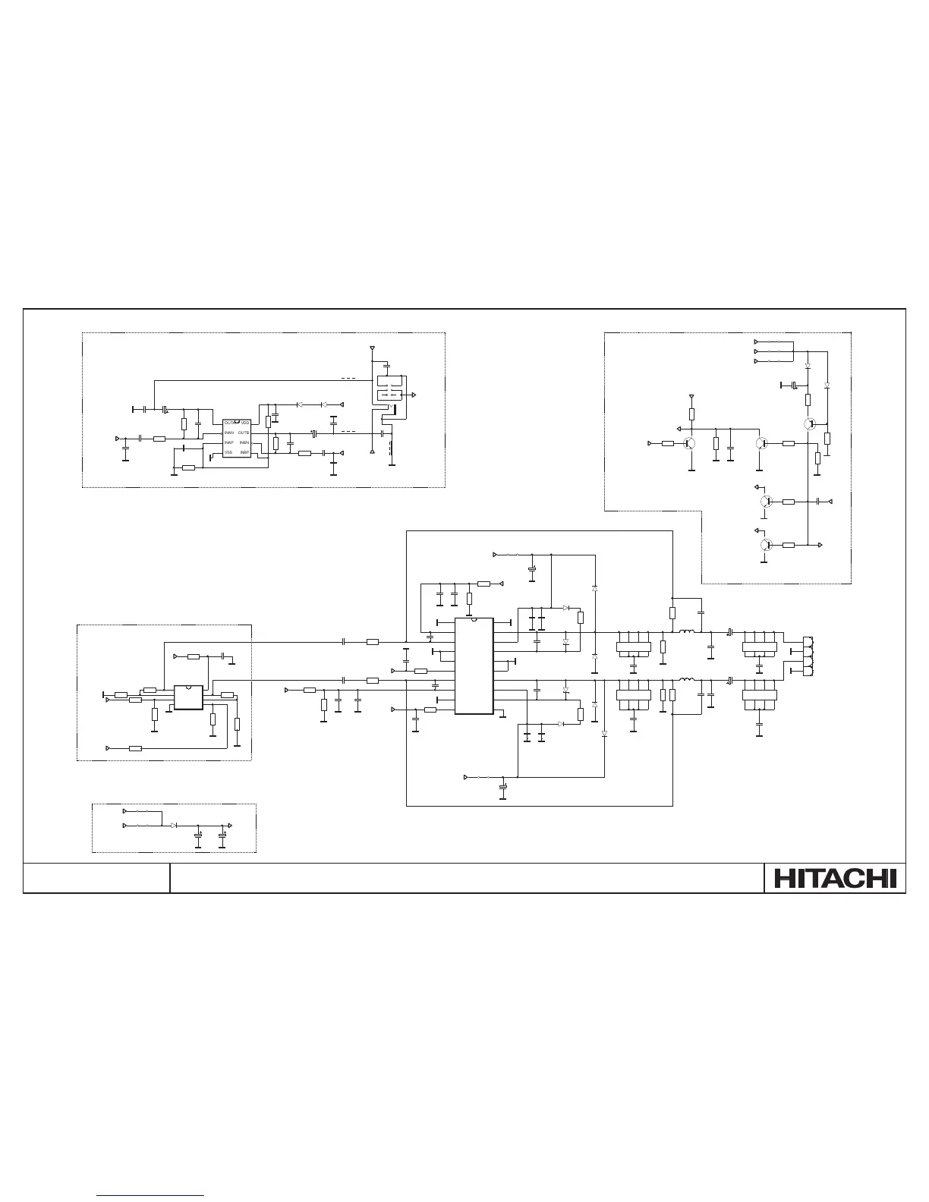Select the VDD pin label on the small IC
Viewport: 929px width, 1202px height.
[x=245, y=423]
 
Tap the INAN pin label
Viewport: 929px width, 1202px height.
[x=228, y=433]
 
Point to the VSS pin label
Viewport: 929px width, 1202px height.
[x=228, y=452]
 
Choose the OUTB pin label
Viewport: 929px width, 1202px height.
[x=244, y=433]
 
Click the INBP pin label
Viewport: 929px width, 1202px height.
[x=245, y=452]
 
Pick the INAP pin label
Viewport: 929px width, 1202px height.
[x=228, y=442]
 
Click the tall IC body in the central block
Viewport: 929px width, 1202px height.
[x=474, y=666]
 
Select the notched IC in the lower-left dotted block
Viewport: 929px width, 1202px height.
[x=188, y=697]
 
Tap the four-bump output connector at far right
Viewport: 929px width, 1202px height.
[x=808, y=654]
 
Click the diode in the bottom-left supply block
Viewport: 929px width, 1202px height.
[x=175, y=824]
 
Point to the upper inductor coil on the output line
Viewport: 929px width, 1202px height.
[x=687, y=632]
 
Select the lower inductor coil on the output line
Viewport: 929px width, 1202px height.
[x=687, y=680]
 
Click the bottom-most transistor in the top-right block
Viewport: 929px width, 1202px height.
[x=765, y=545]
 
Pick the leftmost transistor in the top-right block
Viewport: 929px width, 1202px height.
[x=690, y=443]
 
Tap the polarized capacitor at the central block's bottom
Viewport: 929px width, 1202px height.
[x=502, y=791]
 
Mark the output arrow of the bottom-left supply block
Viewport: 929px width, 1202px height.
[x=230, y=824]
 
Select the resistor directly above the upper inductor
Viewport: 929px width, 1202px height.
[x=672, y=613]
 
